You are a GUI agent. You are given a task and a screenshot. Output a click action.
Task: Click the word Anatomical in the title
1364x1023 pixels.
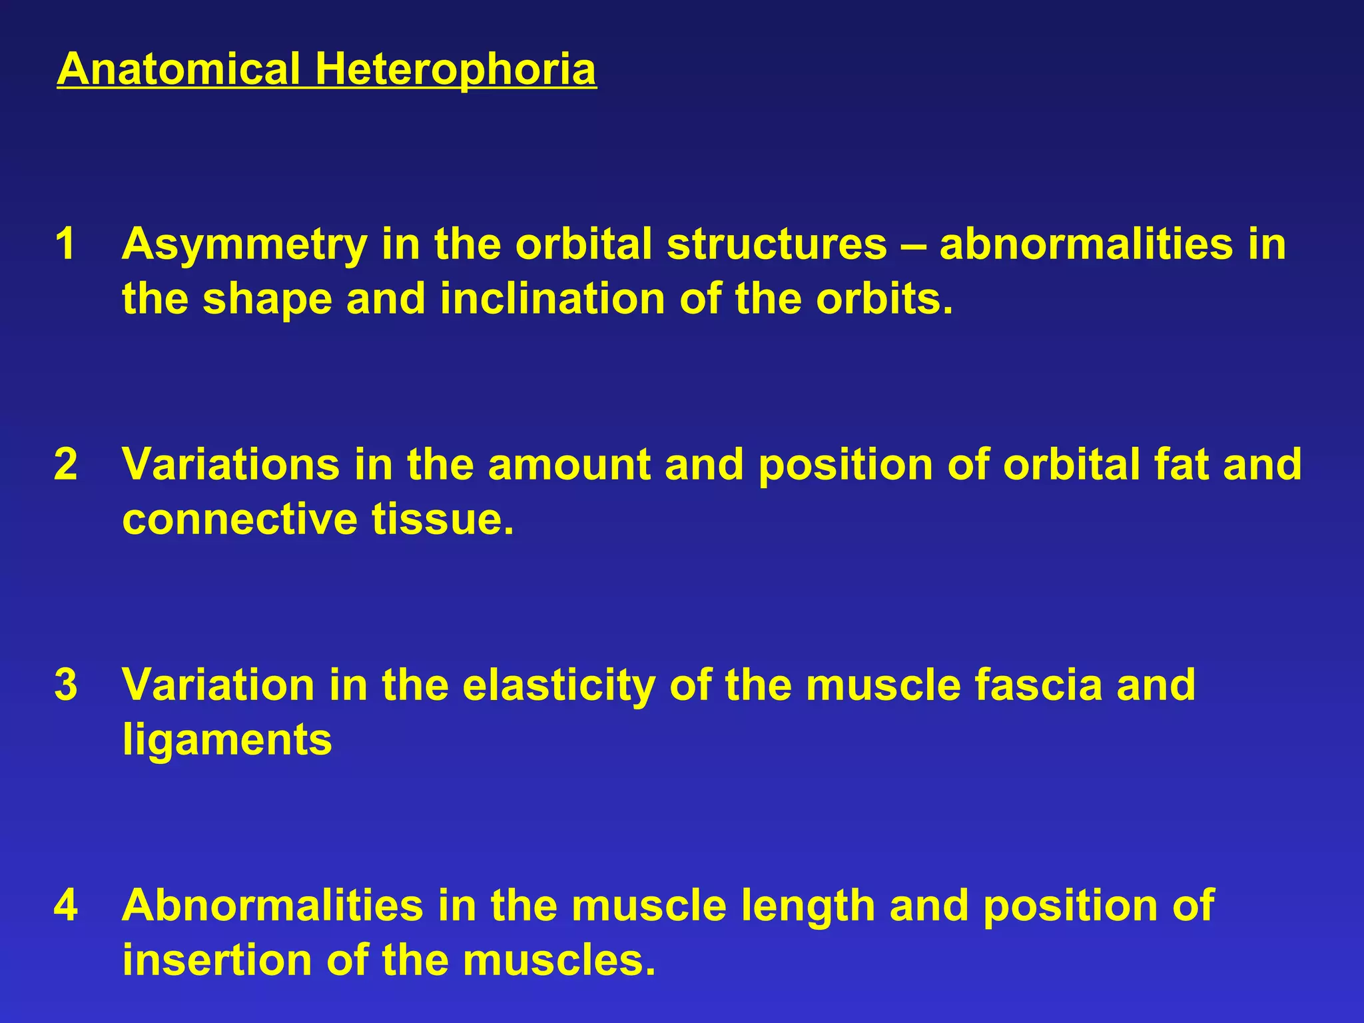[178, 69]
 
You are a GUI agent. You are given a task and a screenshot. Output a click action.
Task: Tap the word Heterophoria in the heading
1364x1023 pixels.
[456, 69]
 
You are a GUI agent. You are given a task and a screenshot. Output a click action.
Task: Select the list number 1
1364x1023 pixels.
[65, 244]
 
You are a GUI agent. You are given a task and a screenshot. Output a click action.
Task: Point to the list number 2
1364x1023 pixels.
[65, 464]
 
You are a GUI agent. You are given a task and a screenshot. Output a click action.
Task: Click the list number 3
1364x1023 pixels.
[65, 685]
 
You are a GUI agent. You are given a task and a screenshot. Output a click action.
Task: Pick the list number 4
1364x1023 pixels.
[65, 905]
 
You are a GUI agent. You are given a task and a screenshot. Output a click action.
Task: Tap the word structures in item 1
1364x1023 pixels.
[777, 244]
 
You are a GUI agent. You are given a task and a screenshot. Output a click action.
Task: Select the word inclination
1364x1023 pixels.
[552, 298]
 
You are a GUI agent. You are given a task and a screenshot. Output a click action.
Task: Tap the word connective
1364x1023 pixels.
[240, 519]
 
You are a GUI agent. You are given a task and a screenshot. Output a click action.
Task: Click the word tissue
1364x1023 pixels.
[443, 519]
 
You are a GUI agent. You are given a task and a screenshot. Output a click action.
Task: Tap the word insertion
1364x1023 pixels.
[217, 960]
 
